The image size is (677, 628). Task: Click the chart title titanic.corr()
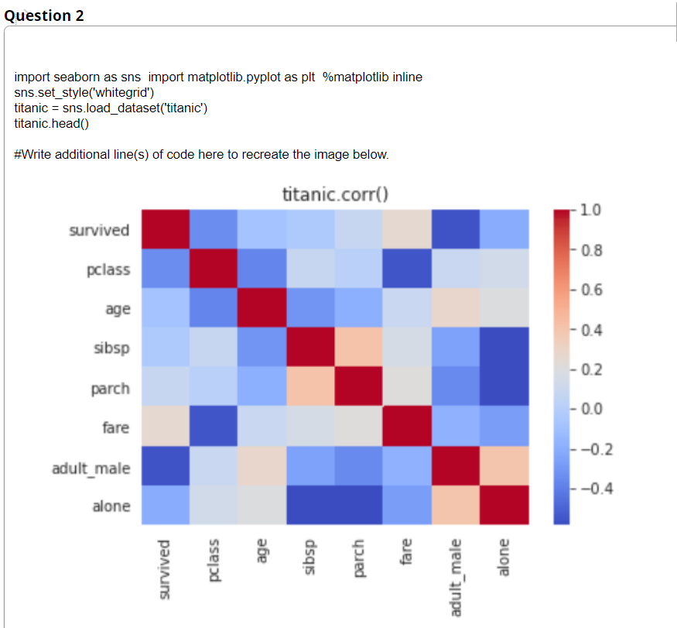click(336, 194)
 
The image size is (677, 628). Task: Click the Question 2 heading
click(44, 15)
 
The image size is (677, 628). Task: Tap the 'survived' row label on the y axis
click(99, 230)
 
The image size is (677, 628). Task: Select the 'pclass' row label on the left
click(108, 269)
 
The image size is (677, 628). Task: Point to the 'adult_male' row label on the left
click(91, 468)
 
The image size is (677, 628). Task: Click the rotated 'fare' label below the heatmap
click(406, 551)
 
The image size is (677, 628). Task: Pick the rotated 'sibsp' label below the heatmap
click(309, 557)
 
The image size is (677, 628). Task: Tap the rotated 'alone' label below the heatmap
click(504, 558)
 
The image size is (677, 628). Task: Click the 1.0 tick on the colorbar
click(590, 210)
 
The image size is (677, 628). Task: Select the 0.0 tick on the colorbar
click(592, 409)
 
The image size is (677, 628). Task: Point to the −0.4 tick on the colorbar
click(597, 489)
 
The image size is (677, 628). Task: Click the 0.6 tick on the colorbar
click(592, 290)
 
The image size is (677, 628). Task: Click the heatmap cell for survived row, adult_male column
click(456, 229)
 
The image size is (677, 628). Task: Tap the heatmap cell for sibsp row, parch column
click(358, 347)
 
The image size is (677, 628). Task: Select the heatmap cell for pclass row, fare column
click(407, 269)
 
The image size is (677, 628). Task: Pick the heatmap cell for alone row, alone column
click(504, 505)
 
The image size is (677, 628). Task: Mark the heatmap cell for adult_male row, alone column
click(504, 466)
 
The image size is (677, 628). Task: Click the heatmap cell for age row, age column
click(262, 307)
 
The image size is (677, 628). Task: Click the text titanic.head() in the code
click(51, 124)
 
